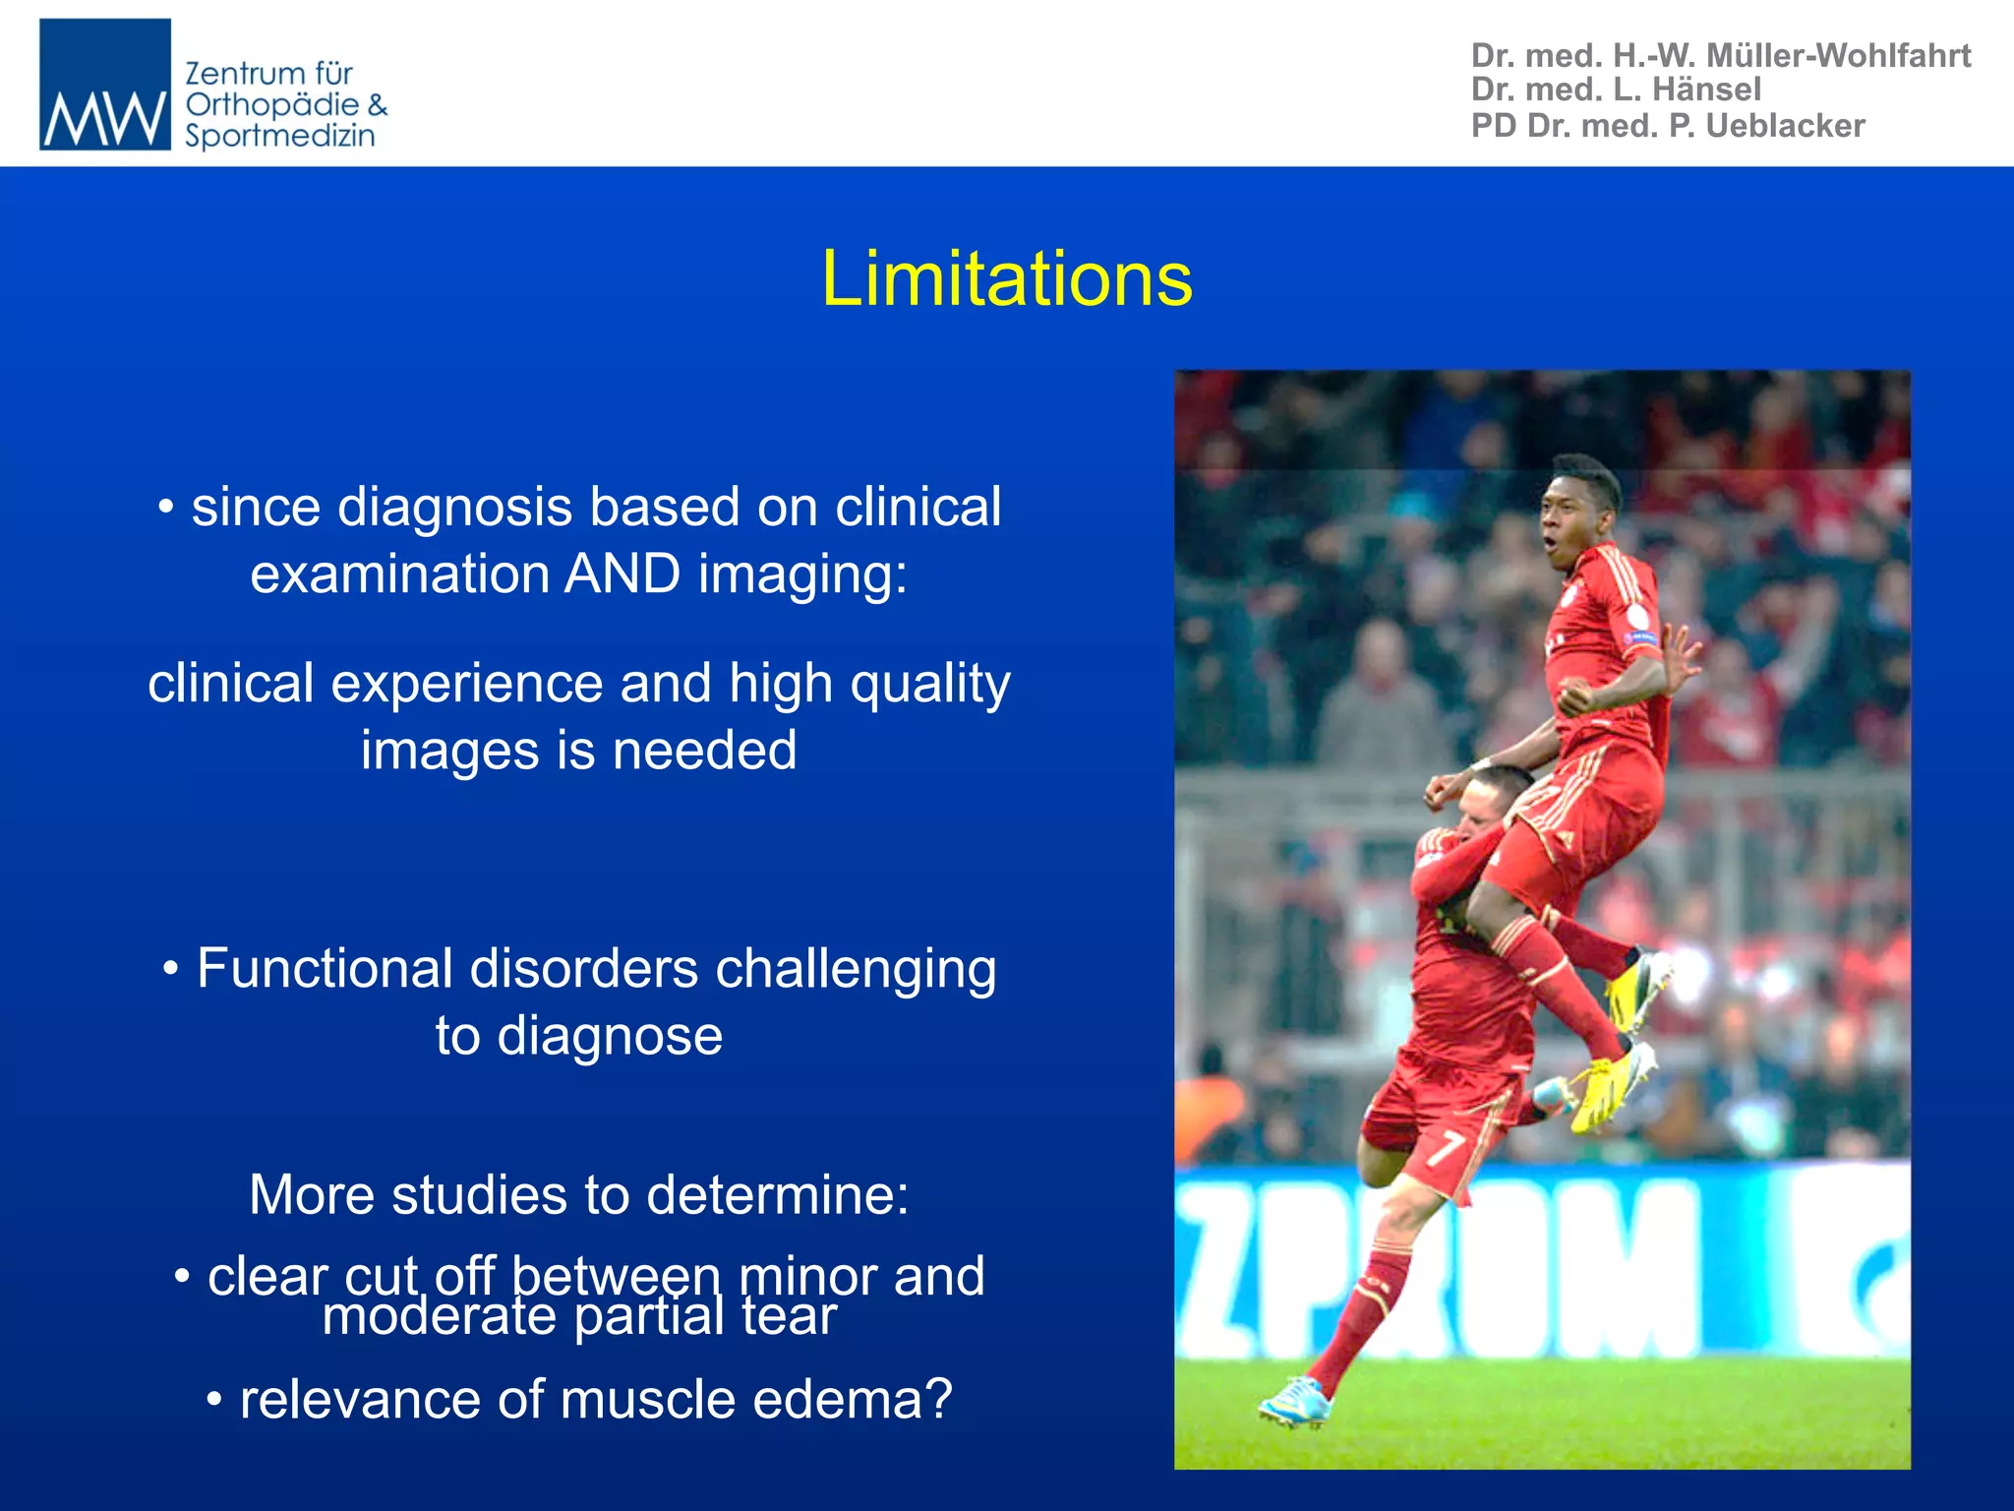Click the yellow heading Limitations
point(1006,279)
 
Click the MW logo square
point(105,85)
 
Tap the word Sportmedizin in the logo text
point(280,136)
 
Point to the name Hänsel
point(1706,90)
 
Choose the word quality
point(930,684)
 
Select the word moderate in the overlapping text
point(439,1316)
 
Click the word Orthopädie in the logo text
point(272,105)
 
